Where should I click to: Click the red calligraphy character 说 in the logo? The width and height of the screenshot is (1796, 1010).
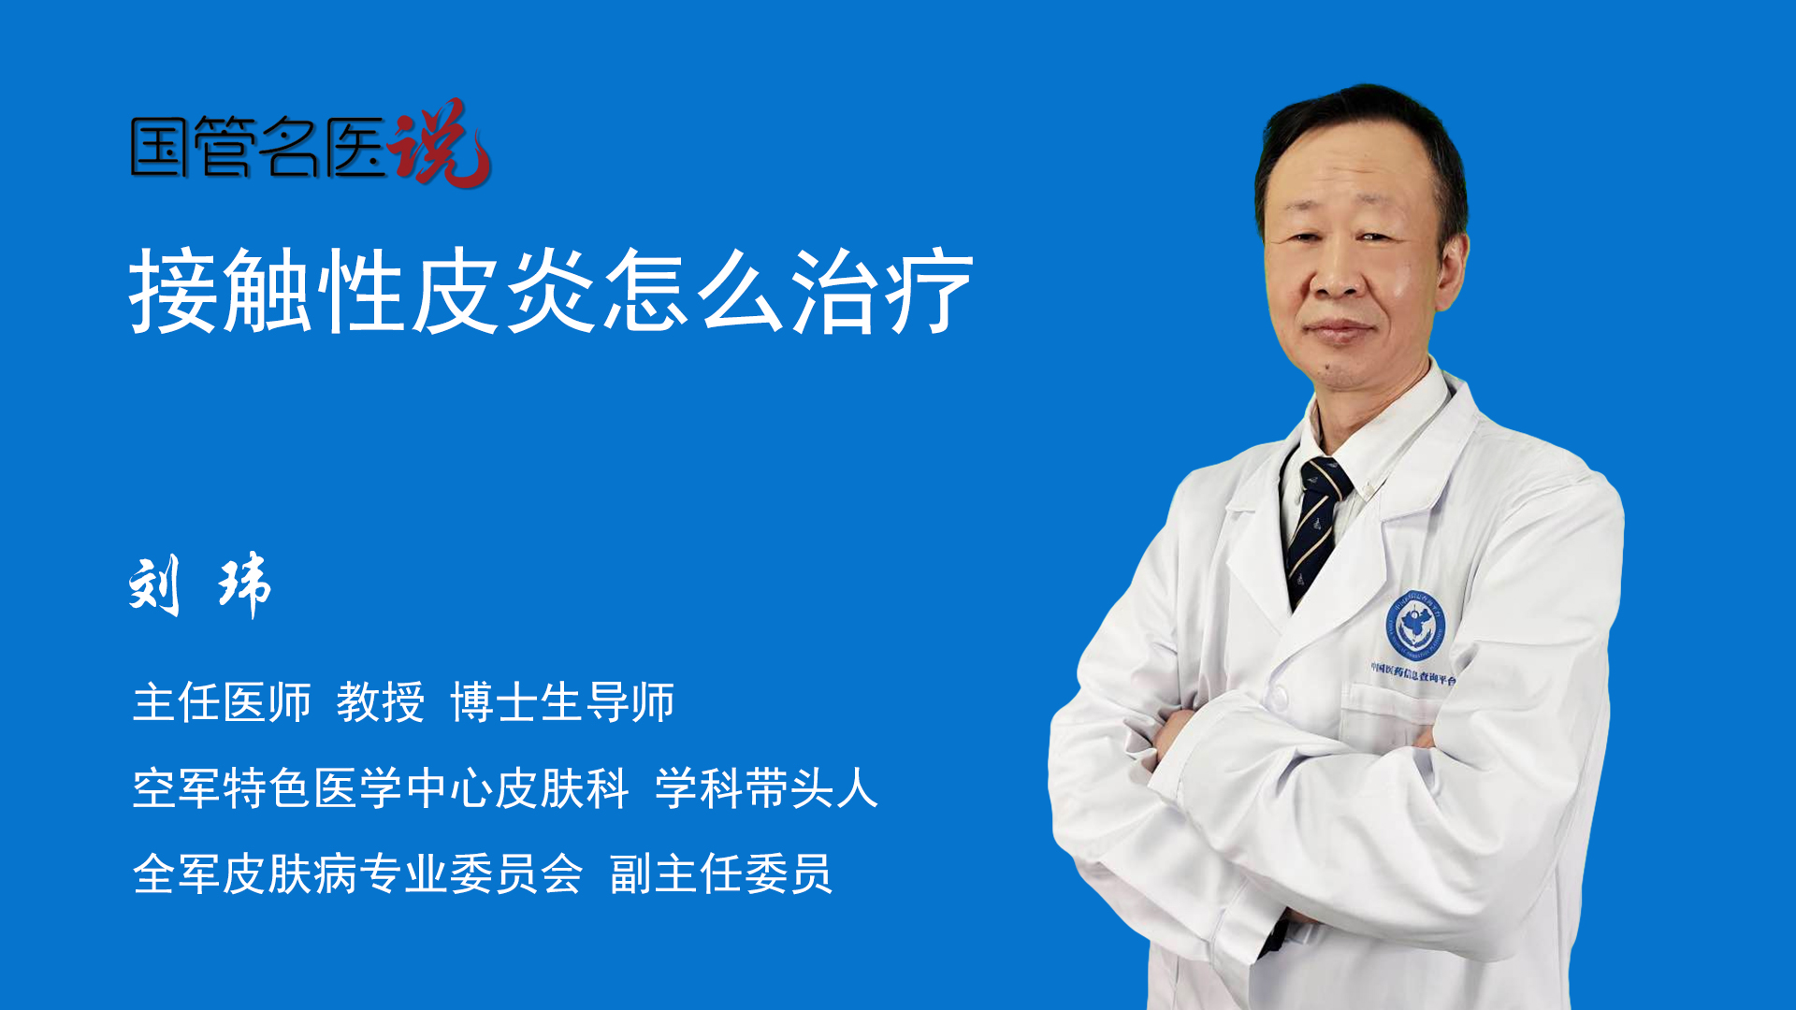click(440, 143)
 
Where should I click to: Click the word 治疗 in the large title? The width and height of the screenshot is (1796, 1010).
click(883, 291)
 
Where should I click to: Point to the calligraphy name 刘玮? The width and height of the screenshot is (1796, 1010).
click(200, 585)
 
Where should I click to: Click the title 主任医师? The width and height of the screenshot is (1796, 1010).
click(222, 702)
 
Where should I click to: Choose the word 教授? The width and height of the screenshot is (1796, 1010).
click(381, 702)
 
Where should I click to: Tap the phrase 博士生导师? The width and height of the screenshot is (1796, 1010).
click(562, 702)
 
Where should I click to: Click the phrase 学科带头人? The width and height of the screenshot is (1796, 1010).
click(766, 787)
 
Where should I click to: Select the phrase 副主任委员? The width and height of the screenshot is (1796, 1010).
click(720, 873)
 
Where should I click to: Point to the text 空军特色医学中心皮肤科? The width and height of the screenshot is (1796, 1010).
click(381, 787)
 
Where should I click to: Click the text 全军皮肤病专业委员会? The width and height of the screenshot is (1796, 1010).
click(358, 873)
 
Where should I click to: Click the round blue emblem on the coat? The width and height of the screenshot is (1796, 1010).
click(1415, 625)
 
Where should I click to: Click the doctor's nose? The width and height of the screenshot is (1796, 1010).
click(1340, 277)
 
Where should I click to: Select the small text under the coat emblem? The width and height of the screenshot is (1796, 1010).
click(1413, 673)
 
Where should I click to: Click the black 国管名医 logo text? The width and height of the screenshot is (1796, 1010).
click(258, 147)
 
